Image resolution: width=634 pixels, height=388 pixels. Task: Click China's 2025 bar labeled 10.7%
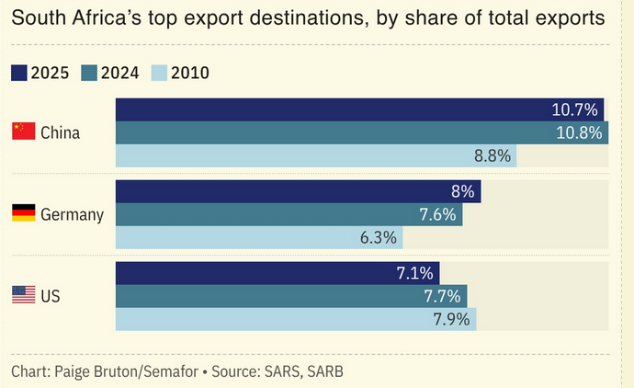359,109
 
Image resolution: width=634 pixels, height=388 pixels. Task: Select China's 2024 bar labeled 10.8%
362,132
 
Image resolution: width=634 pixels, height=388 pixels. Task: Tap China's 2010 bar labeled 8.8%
316,155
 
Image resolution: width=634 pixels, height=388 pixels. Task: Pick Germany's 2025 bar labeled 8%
299,191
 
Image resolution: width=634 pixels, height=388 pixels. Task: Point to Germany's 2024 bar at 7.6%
289,214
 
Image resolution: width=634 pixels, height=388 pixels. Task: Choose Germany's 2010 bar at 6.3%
259,237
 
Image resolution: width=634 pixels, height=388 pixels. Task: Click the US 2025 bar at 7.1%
277,273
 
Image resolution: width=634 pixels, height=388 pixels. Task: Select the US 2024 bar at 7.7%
291,296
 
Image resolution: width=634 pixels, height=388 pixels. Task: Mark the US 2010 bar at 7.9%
296,319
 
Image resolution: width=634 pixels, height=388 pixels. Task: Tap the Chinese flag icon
24,131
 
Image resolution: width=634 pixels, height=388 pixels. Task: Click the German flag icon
24,212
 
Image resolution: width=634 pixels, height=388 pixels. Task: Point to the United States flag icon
24,294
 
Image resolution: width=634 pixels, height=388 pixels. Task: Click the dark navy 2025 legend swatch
19,73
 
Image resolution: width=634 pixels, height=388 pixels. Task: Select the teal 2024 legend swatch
89,73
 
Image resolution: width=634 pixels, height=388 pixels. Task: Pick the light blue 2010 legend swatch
159,73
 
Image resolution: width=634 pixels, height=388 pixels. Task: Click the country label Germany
72,215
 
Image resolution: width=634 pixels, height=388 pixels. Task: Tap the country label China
61,132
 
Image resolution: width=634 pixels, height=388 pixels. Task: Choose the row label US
51,296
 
